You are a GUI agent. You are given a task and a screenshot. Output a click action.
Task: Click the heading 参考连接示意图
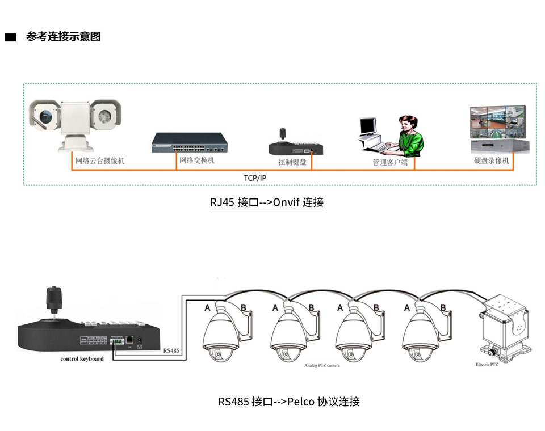click(64, 37)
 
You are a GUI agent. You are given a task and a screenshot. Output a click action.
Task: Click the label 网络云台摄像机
click(100, 161)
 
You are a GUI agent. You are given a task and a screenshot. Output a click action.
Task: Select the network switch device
click(190, 142)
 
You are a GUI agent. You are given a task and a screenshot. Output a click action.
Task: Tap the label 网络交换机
click(197, 160)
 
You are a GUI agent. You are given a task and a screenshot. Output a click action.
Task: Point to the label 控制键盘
click(292, 162)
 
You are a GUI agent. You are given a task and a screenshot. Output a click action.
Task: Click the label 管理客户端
click(390, 162)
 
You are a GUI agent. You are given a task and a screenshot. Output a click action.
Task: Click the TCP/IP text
click(255, 178)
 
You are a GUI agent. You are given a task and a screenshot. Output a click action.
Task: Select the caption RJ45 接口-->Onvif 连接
click(267, 202)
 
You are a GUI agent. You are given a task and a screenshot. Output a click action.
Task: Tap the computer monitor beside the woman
click(368, 128)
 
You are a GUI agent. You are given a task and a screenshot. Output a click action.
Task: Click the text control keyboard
click(82, 359)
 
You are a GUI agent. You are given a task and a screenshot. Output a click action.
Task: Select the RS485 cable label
click(171, 351)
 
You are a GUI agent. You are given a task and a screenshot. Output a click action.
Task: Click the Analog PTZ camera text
click(322, 366)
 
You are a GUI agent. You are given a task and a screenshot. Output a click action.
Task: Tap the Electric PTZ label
click(487, 365)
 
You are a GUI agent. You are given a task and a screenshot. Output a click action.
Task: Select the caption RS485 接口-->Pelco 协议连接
click(289, 402)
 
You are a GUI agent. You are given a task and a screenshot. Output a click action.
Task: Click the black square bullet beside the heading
click(10, 38)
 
